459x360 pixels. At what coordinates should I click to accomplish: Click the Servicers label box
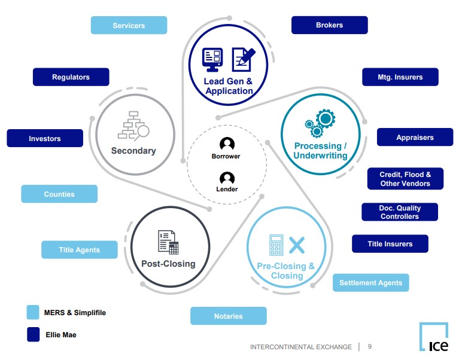coord(129,25)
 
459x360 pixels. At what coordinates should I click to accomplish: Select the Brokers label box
coord(329,25)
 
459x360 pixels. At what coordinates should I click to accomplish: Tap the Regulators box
coord(71,77)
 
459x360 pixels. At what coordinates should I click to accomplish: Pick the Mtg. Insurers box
coord(400,77)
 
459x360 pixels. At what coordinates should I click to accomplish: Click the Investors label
coord(45,138)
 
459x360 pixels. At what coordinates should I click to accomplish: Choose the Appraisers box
coord(415,137)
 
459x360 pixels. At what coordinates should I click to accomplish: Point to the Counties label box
coord(59,194)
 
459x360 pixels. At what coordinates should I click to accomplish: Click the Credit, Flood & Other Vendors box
coord(405,179)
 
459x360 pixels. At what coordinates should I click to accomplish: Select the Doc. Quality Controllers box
coord(399,212)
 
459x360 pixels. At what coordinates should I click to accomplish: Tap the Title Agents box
coord(79,249)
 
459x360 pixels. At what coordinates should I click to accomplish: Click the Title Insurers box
coord(390,243)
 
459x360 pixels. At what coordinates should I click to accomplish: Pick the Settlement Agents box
coord(370,282)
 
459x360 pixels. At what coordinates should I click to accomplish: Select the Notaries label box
coord(228,316)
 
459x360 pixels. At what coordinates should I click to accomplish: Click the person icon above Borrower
coord(227,144)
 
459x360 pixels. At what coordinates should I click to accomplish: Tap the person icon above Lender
coord(227,178)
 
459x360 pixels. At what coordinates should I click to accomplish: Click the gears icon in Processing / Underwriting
coord(320,123)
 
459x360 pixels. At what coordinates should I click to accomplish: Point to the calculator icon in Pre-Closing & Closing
coord(276,245)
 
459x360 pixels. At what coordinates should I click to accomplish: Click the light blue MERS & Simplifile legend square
coord(33,312)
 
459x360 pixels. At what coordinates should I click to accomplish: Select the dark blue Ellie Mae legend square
coord(33,334)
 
